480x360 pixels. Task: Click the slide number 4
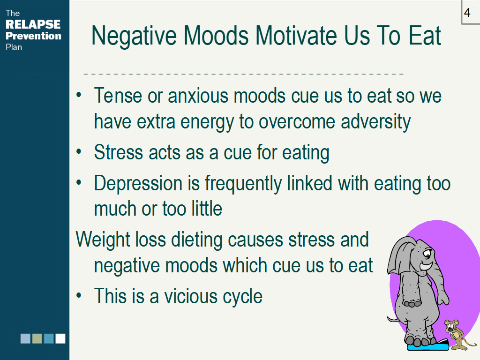(x=467, y=13)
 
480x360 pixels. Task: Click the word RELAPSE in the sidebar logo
(x=33, y=24)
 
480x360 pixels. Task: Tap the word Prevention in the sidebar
(x=33, y=36)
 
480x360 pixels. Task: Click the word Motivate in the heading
(x=297, y=36)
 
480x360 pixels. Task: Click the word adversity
(x=375, y=122)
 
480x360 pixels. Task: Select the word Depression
(x=138, y=184)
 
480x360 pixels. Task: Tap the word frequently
(x=243, y=184)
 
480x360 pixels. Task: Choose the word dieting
(x=196, y=240)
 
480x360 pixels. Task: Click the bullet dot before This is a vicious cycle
(x=79, y=296)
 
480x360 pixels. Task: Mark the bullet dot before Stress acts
(x=79, y=151)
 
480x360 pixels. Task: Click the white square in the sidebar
(x=60, y=338)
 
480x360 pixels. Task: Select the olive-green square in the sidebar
(x=37, y=338)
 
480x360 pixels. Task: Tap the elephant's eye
(x=427, y=254)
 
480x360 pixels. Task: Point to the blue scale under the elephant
(x=427, y=345)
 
